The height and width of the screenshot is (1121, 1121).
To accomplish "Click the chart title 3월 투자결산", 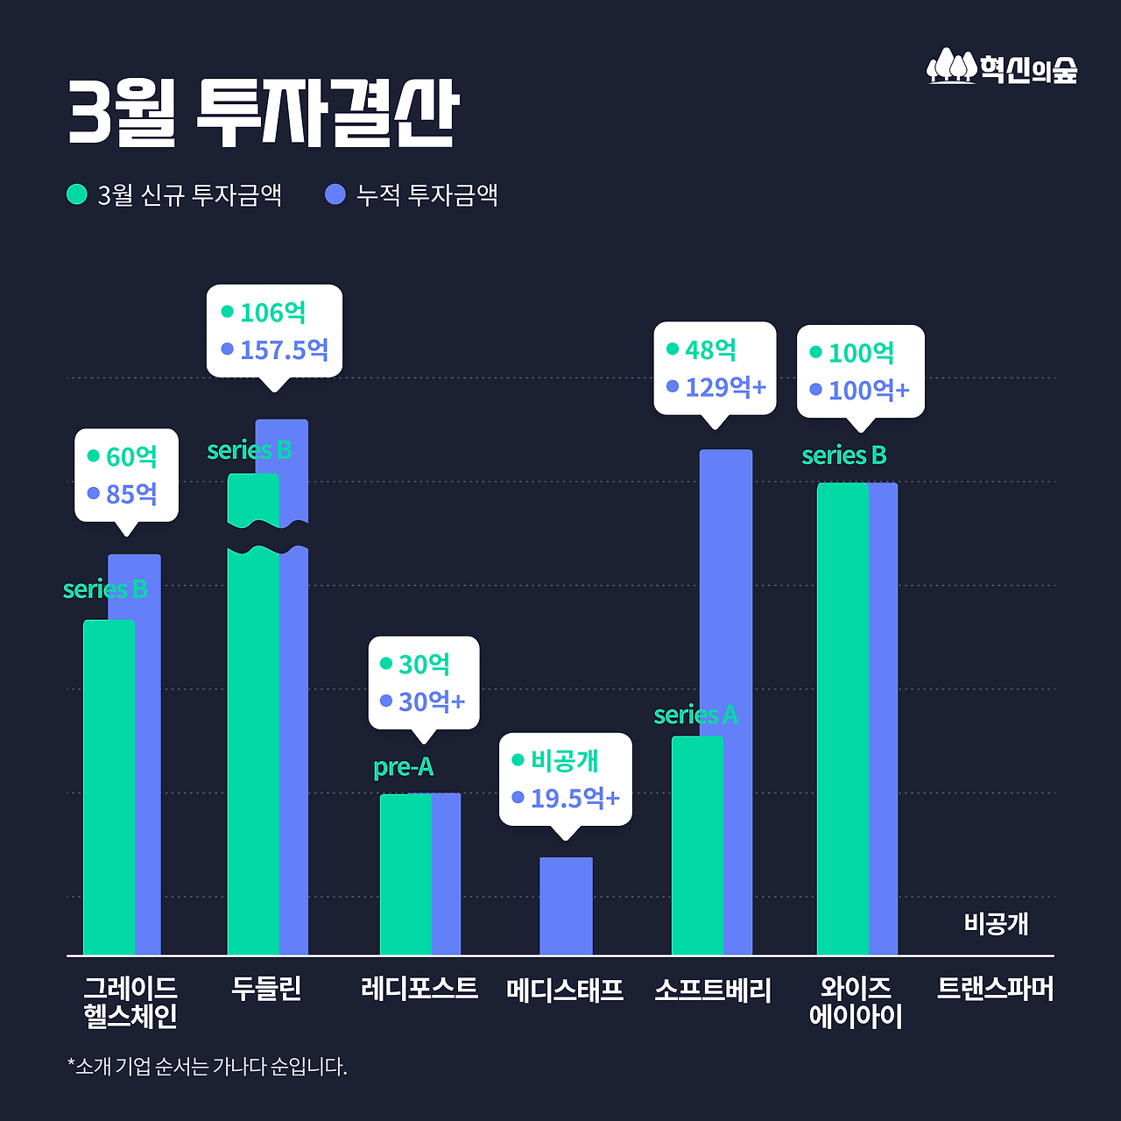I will tap(263, 114).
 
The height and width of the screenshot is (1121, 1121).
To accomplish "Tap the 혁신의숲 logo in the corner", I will tap(1002, 67).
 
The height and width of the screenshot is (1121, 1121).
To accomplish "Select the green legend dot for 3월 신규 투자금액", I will tap(77, 194).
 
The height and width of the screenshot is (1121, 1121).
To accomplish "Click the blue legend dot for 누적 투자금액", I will tap(335, 194).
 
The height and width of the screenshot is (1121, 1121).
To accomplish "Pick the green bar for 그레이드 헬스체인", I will tap(108, 788).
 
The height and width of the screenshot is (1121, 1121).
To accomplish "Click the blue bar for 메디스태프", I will tap(566, 906).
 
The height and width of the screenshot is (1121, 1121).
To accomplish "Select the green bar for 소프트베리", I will tap(696, 845).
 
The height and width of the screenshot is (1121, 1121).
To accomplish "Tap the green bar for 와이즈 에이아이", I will tap(842, 718).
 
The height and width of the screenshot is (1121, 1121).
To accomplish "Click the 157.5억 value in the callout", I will tap(284, 350).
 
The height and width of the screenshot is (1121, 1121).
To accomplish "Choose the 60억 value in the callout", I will tap(131, 457).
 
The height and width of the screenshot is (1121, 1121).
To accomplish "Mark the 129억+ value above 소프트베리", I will tap(725, 387).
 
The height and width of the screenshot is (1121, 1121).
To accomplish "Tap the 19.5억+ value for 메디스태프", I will tap(575, 799).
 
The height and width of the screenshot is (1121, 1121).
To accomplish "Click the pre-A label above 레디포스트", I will tap(403, 767).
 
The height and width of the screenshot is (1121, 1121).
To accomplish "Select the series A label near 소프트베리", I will tap(695, 716).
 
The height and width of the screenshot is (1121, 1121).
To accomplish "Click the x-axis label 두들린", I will tap(266, 989).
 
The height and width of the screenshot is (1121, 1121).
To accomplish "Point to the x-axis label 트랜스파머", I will tap(995, 989).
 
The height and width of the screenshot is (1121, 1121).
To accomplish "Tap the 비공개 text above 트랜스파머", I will tap(996, 924).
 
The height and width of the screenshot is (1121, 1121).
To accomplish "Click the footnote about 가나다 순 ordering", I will tap(208, 1067).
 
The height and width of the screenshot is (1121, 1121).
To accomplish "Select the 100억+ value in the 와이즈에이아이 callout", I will tap(869, 391).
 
